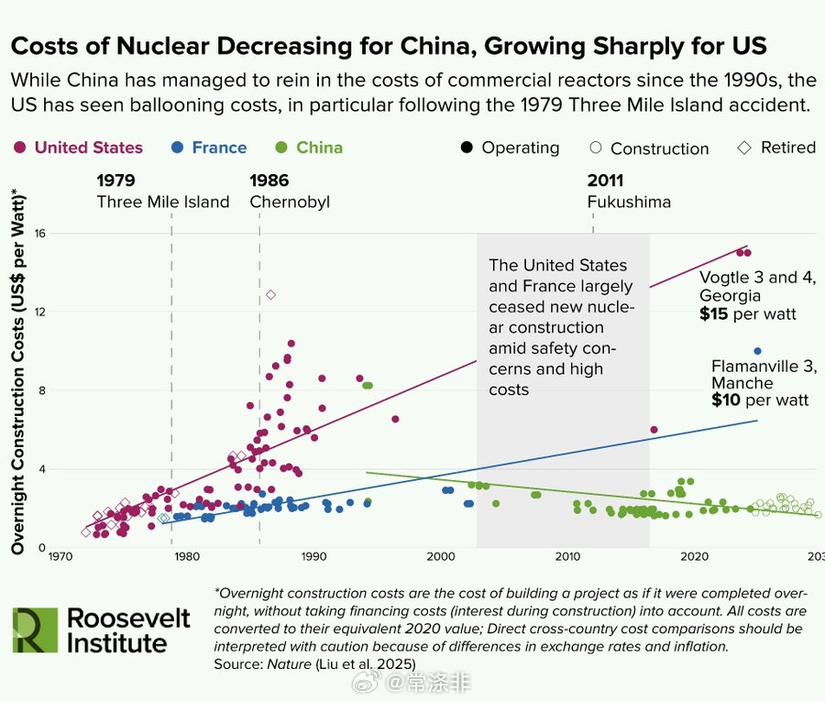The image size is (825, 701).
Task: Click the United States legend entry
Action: pos(88,148)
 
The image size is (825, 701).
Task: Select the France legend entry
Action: pos(218,148)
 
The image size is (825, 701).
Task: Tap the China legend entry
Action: pos(319,148)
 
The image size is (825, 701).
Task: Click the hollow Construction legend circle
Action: pos(596,148)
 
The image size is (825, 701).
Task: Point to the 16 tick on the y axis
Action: pos(40,234)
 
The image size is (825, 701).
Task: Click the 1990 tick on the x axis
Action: pos(313,556)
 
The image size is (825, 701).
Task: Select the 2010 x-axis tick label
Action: pos(567,556)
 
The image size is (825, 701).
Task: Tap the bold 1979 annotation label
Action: pos(116,181)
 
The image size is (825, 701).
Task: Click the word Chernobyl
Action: pos(290,202)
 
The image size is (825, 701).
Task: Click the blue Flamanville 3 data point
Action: pos(757,351)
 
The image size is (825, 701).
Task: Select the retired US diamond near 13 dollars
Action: pos(270,294)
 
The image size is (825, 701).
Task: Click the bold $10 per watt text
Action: pos(760,400)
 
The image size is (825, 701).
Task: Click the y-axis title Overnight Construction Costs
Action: pos(17,370)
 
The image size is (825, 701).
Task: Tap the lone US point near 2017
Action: pos(654,430)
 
